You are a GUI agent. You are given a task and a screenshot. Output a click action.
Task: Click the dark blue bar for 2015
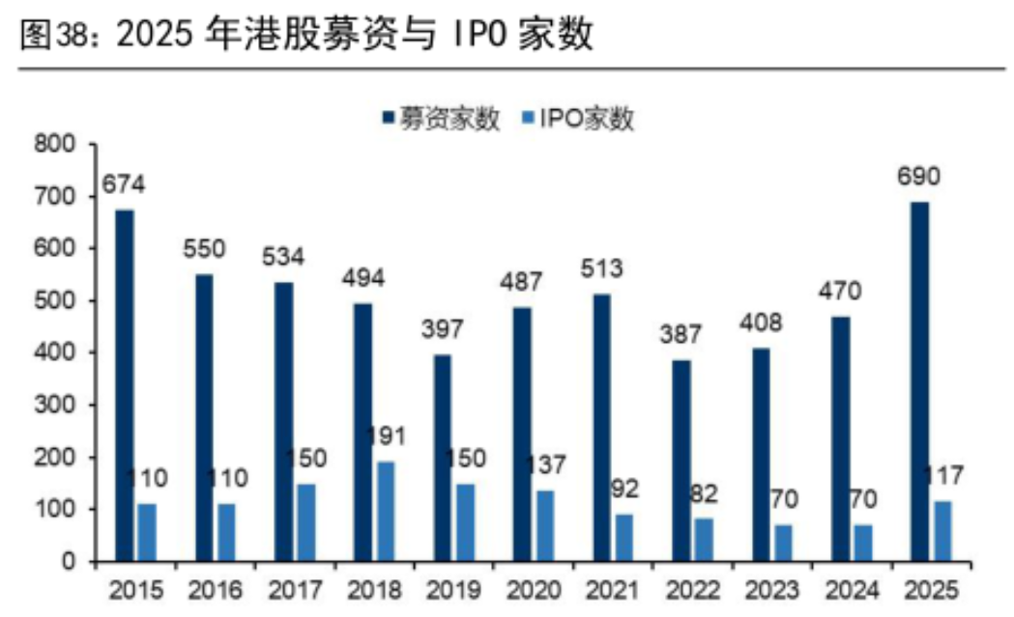124,385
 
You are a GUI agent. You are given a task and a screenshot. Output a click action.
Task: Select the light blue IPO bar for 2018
386,511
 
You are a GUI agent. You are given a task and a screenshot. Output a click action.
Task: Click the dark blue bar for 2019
443,458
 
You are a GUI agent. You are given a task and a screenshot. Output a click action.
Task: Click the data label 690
919,177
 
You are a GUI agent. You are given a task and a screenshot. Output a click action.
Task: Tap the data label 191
386,435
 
